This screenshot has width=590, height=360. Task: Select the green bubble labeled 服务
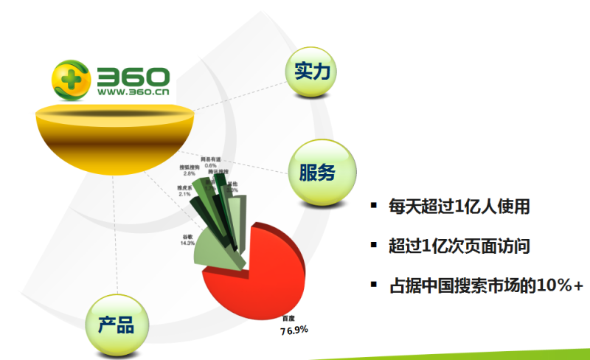317,173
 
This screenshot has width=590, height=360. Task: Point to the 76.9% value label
294,330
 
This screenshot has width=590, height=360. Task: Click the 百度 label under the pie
288,319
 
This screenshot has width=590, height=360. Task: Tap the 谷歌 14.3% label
187,240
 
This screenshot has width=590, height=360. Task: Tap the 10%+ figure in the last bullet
560,285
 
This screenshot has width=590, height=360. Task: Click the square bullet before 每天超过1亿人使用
374,205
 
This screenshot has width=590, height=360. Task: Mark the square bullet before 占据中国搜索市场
374,284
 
